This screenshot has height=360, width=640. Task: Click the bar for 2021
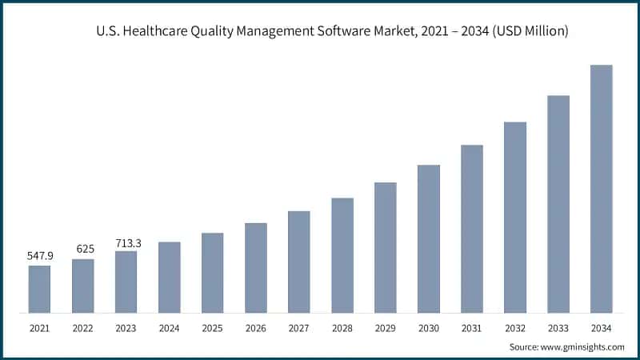39,289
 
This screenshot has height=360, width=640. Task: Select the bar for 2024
169,277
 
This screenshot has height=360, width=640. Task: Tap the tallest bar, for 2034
601,189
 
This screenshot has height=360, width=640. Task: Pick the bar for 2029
386,247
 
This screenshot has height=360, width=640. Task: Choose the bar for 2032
515,217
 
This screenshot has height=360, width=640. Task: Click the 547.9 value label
39,256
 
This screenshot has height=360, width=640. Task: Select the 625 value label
82,249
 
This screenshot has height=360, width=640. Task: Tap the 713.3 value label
126,242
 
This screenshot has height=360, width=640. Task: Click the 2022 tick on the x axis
82,327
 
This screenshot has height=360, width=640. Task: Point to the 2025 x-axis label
212,327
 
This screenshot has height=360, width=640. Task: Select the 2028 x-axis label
342,327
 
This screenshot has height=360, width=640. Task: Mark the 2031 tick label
472,327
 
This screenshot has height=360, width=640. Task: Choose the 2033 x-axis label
558,327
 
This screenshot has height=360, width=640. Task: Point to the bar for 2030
429,238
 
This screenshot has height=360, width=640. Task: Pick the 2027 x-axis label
298,327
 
